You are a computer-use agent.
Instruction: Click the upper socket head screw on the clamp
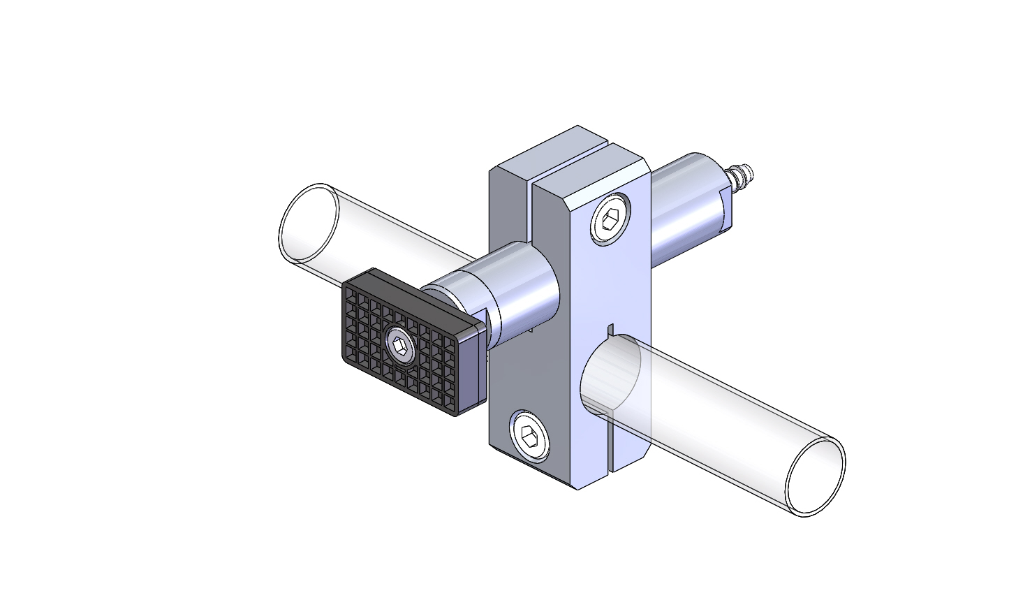click(x=610, y=219)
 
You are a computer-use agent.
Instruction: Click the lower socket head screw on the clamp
click(x=529, y=437)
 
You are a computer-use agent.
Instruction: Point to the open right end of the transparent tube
click(x=815, y=478)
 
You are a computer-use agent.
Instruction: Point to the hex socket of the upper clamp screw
click(x=610, y=221)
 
